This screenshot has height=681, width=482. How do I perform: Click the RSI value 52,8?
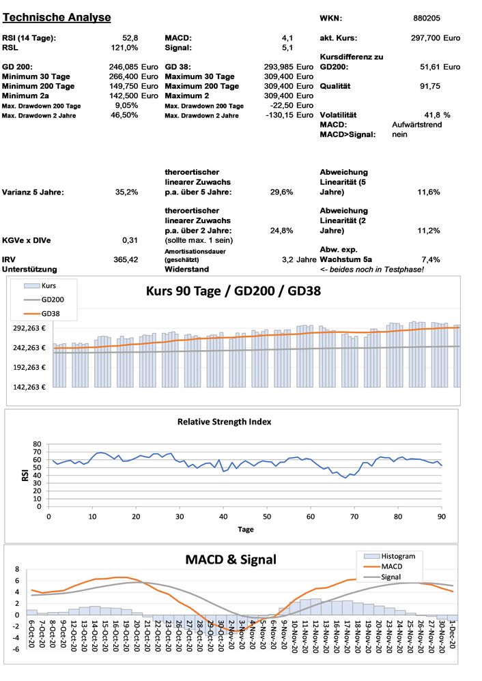point(130,38)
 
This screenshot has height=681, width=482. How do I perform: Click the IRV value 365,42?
point(126,259)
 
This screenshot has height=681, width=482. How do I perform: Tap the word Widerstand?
point(188,269)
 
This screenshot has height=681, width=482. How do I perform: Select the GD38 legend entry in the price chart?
point(51,313)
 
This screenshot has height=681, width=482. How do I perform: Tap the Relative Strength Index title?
point(224,422)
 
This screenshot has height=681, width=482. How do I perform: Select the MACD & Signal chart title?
point(231,560)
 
